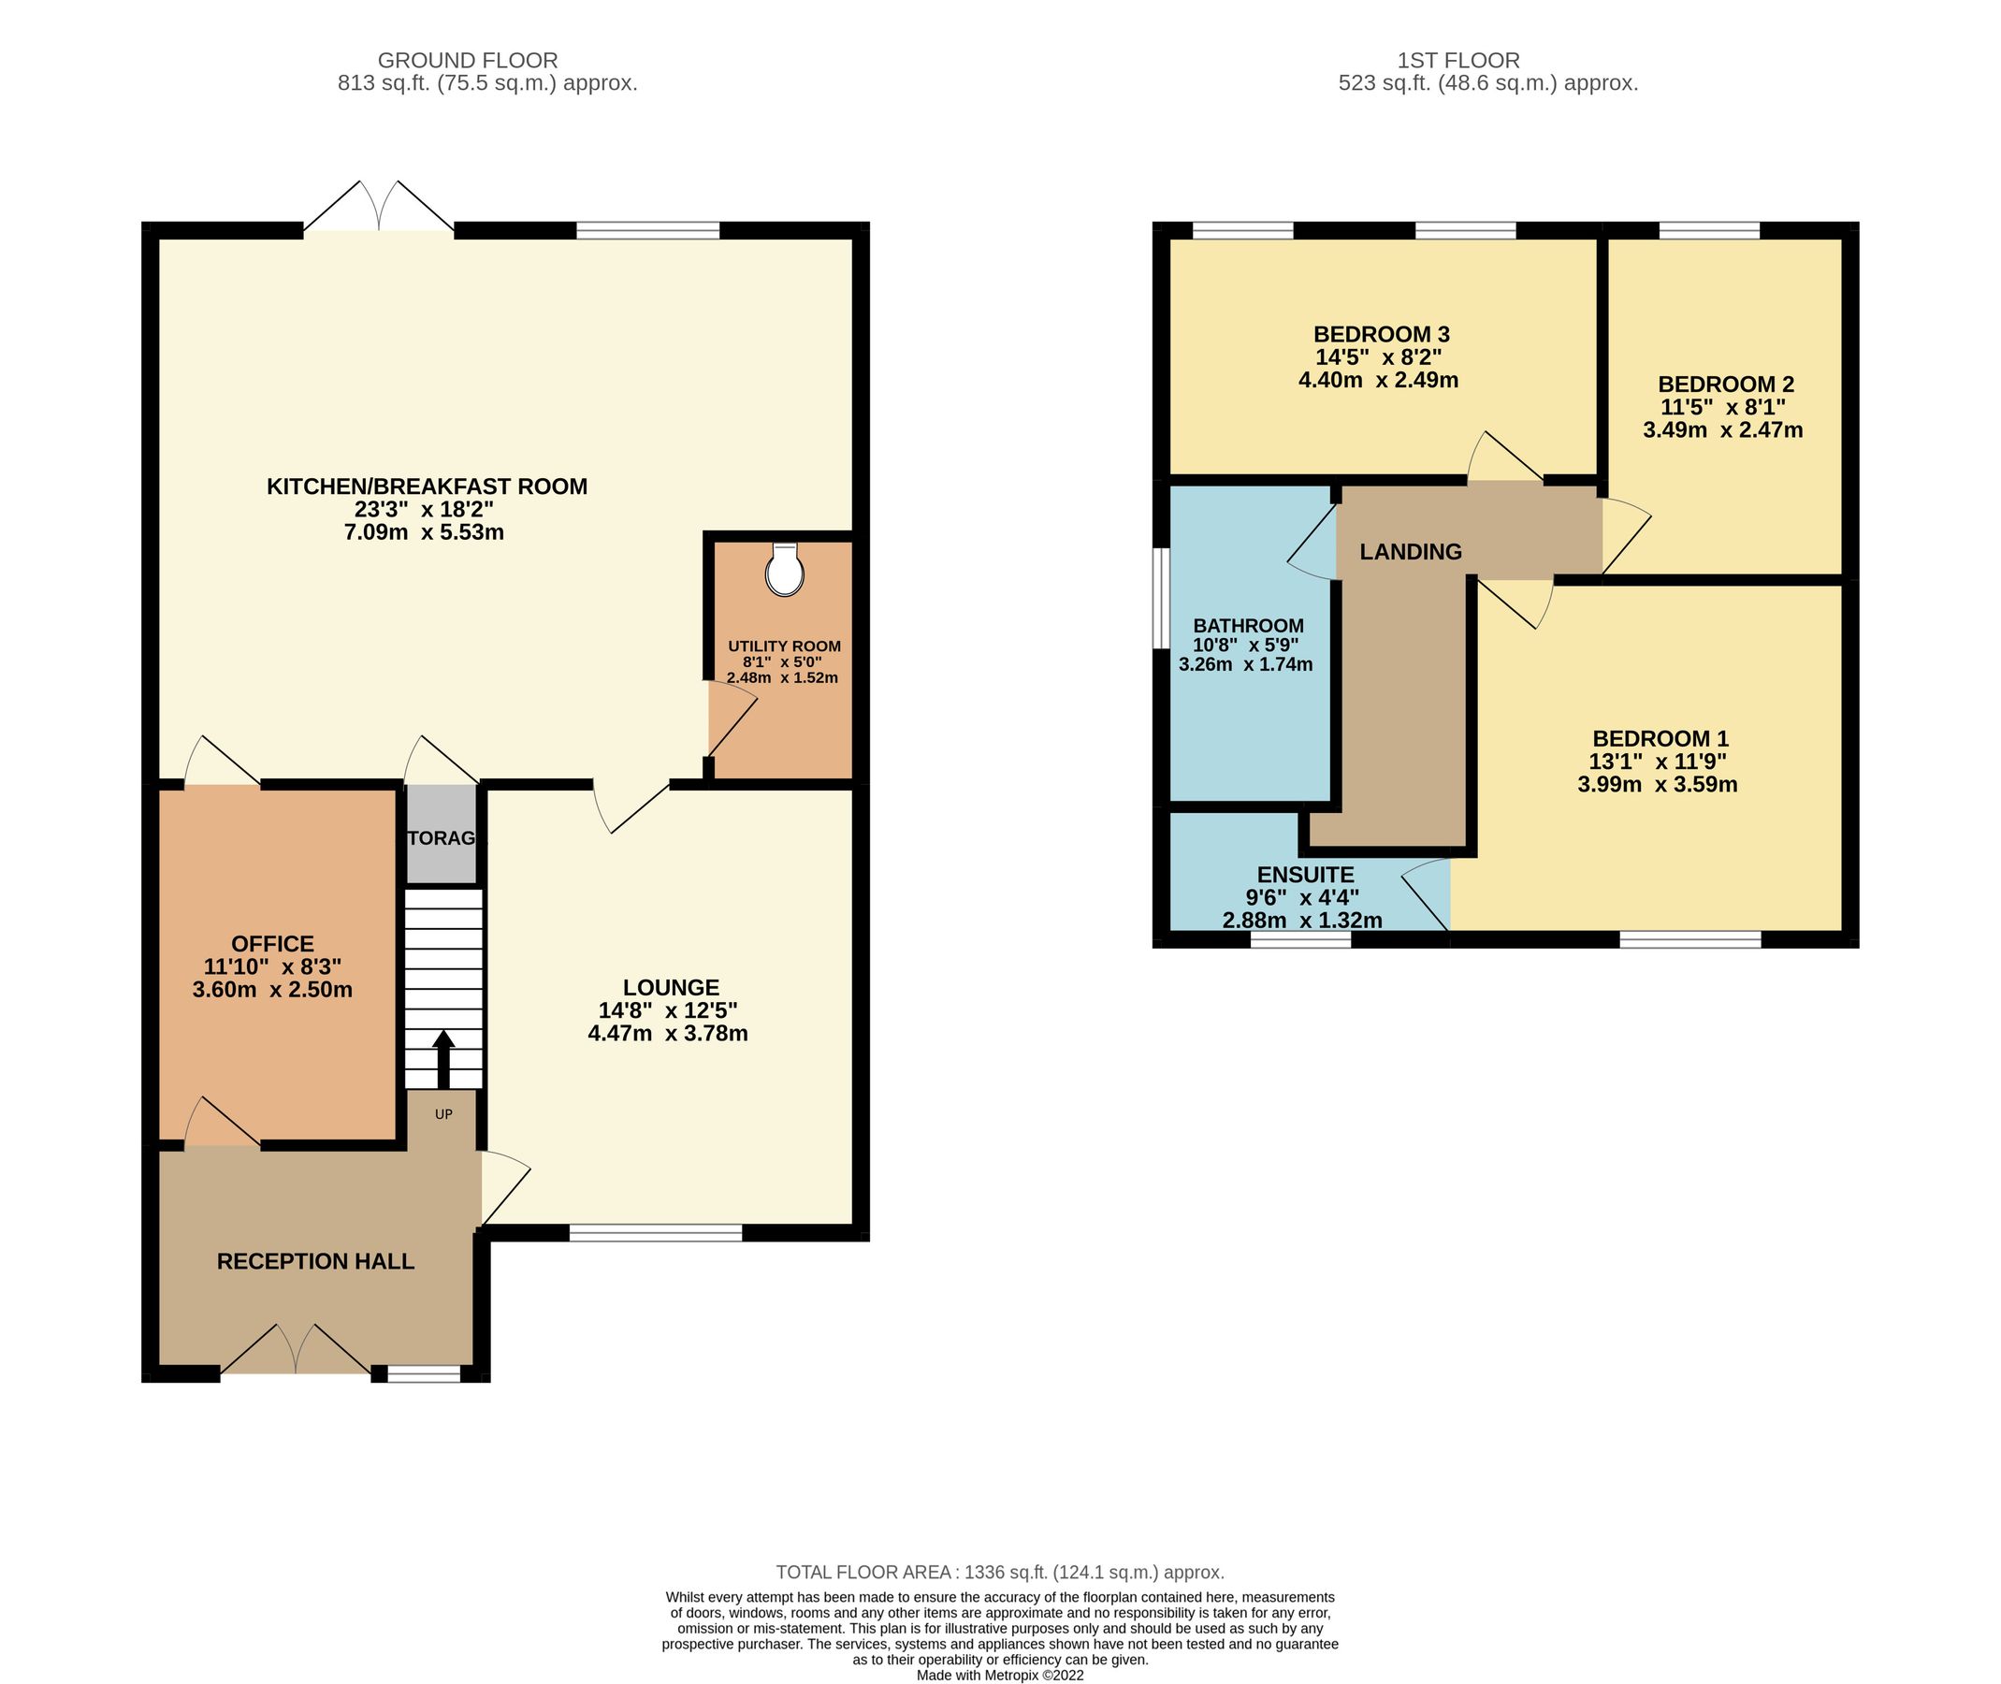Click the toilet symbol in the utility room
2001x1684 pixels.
click(x=784, y=571)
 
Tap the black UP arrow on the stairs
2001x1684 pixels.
click(x=444, y=1058)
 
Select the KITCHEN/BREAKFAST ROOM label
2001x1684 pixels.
click(x=427, y=486)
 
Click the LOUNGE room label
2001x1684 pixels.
click(x=670, y=988)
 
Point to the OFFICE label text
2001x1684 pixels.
click(x=272, y=943)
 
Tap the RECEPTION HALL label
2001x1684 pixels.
click(x=315, y=1261)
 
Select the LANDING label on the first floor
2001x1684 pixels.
click(x=1410, y=551)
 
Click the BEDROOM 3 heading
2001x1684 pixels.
click(x=1381, y=334)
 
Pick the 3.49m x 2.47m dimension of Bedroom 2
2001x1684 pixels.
click(x=1722, y=429)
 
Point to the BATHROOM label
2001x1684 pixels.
click(x=1248, y=625)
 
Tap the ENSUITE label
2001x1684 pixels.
click(x=1305, y=875)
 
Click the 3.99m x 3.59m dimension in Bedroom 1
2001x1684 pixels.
click(x=1658, y=785)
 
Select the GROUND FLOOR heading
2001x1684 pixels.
click(x=468, y=61)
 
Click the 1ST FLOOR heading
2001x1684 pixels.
click(x=1457, y=61)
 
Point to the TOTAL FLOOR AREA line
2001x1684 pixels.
click(x=999, y=1572)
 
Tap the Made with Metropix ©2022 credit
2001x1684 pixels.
click(x=999, y=1676)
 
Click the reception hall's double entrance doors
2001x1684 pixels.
click(x=297, y=1350)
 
